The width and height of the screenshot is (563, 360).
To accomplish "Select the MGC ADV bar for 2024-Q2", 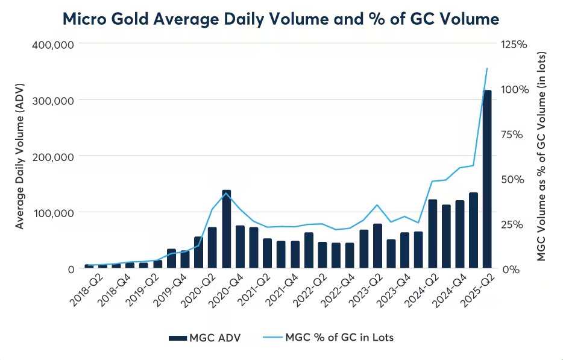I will point(432,234).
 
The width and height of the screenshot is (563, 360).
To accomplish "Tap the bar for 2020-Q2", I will point(212,248).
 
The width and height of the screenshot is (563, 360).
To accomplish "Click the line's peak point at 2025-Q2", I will point(487,69).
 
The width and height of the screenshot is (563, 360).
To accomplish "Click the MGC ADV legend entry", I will point(205,338).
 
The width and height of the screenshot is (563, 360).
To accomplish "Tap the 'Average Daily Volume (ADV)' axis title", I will point(20,156).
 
